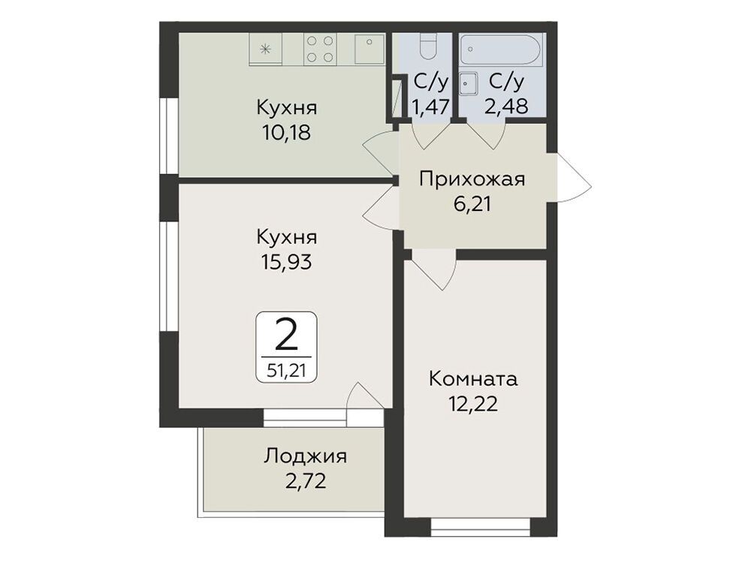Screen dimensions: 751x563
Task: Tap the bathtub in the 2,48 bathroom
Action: point(500,50)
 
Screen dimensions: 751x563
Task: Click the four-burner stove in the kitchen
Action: point(319,50)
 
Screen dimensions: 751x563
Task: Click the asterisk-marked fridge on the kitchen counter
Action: point(265,49)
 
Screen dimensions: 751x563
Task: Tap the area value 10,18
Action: point(286,132)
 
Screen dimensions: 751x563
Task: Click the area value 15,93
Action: point(286,261)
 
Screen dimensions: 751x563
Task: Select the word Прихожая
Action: point(472,179)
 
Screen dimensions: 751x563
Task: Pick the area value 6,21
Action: point(472,204)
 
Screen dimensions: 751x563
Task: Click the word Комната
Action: point(473,379)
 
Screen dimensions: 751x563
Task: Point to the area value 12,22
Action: point(473,405)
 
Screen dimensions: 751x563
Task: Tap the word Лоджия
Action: point(305,456)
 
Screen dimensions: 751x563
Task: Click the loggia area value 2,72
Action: point(305,480)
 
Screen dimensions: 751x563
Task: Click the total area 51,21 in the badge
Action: point(286,370)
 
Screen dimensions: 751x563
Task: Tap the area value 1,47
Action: point(431,107)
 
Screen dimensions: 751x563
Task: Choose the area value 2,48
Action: point(506,107)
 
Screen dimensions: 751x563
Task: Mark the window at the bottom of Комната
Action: point(481,527)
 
